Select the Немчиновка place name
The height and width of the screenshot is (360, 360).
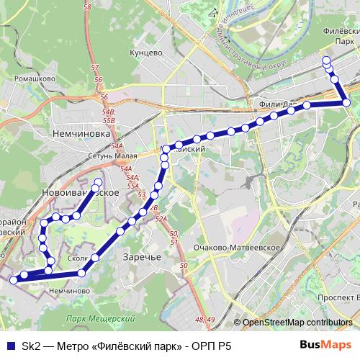pyautogui.click(x=80, y=133)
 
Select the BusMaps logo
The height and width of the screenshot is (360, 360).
pyautogui.click(x=326, y=346)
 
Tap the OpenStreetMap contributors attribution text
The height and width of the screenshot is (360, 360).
pyautogui.click(x=297, y=323)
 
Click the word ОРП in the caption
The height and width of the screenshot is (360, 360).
pyautogui.click(x=205, y=346)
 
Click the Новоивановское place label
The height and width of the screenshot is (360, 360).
pyautogui.click(x=80, y=194)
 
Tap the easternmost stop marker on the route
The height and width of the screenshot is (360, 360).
pyautogui.click(x=347, y=103)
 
